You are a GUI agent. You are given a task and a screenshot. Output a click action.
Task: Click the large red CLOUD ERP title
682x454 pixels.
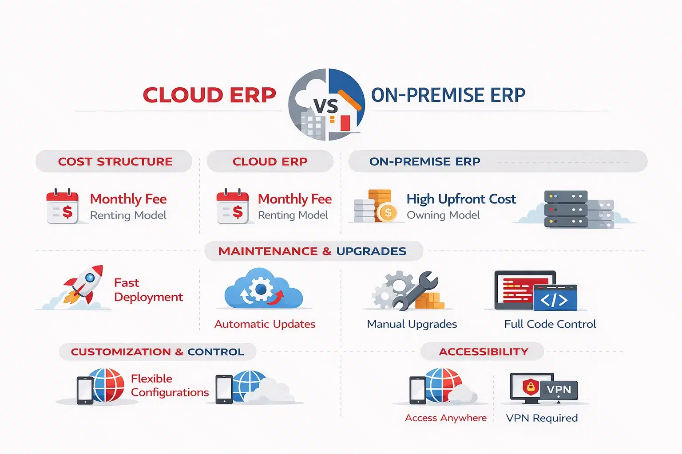[x=209, y=95]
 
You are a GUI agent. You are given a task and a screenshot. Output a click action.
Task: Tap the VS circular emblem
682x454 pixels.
[x=326, y=105]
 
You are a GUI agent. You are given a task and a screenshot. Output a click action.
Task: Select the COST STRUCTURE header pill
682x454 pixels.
[x=115, y=161]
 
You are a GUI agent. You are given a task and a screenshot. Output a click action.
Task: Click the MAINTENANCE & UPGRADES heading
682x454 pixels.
[x=313, y=251]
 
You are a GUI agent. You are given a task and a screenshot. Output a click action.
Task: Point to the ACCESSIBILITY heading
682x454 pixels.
[x=484, y=352]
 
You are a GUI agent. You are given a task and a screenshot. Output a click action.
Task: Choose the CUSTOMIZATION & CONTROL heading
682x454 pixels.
[x=158, y=352]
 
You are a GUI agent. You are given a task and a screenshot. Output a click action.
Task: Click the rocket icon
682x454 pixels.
[x=83, y=286]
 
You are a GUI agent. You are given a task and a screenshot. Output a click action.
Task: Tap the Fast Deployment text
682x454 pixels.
[x=148, y=290]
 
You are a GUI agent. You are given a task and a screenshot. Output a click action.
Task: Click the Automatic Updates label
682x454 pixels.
[x=265, y=324]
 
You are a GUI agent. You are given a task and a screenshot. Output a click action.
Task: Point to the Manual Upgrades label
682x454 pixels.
[x=412, y=324]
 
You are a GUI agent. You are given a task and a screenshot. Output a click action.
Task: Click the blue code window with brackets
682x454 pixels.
[x=555, y=298]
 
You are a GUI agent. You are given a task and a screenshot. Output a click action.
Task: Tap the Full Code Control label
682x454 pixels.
[x=550, y=324]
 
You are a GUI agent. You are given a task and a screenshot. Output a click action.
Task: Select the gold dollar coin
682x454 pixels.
[x=387, y=213]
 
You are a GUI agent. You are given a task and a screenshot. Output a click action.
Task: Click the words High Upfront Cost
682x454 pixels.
[x=461, y=199]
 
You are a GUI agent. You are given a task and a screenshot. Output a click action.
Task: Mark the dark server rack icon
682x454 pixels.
[x=566, y=209]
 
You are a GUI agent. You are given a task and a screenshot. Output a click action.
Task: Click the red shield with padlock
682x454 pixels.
[x=530, y=387]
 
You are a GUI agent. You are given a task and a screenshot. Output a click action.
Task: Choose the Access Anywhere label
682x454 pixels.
[x=445, y=418]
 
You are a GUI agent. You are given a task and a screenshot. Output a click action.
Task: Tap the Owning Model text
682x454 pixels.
[x=443, y=215]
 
